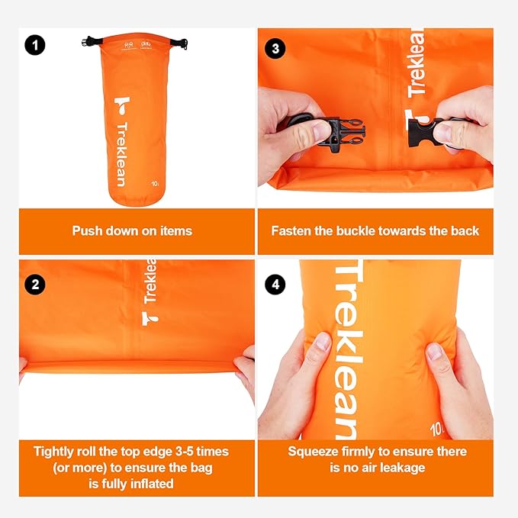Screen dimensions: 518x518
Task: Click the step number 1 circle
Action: tap(35, 46)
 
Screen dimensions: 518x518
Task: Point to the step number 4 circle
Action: tap(275, 285)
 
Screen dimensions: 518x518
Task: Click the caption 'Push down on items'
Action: tap(132, 230)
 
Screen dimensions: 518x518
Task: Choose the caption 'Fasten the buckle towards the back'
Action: tap(375, 230)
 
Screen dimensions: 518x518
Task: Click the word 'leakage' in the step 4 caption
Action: tap(409, 468)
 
